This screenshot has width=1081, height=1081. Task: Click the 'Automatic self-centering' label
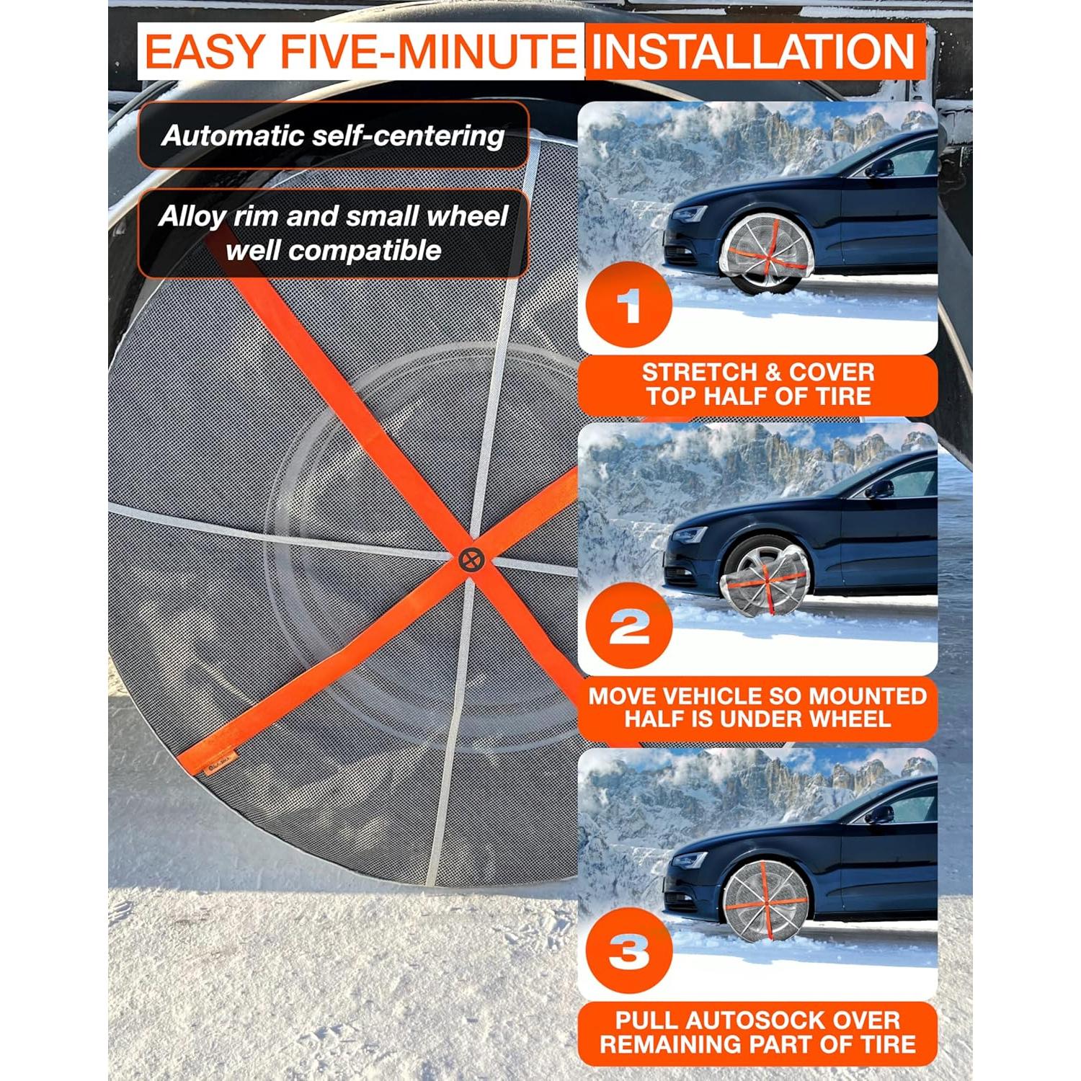tap(333, 135)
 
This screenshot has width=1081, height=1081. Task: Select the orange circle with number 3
tap(628, 951)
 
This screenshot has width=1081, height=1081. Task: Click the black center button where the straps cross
tap(471, 560)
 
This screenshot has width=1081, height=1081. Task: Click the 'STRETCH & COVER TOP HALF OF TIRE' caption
tap(757, 384)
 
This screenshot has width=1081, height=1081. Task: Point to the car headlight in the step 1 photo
tap(690, 214)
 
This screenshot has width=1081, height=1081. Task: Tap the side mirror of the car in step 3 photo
tap(878, 815)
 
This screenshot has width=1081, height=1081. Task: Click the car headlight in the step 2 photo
tap(690, 535)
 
